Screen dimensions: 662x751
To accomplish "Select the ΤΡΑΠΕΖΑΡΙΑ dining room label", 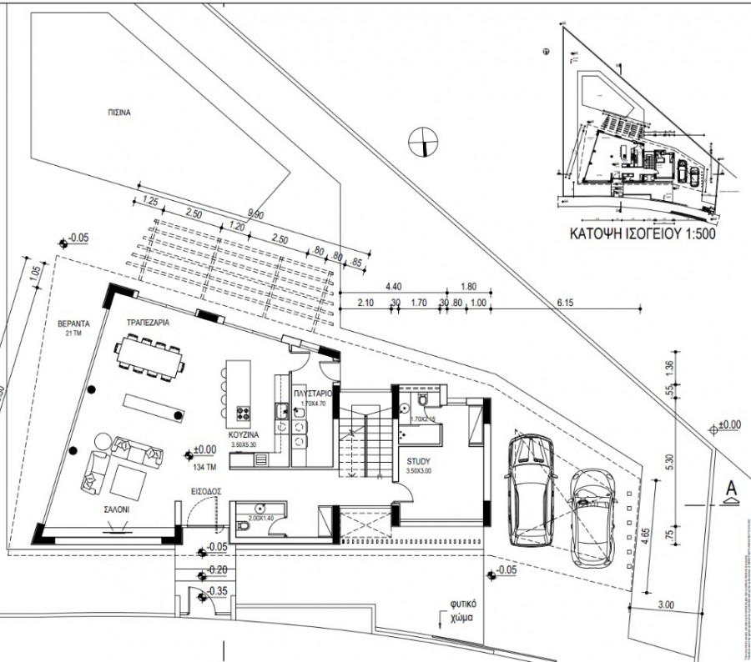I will click(149, 322).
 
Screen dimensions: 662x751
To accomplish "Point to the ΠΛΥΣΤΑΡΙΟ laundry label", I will click(315, 392).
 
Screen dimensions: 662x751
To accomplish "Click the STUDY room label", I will click(419, 461).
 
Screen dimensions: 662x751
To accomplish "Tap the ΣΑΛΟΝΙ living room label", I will click(117, 507).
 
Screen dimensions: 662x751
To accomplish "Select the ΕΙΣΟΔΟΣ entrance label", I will click(205, 493).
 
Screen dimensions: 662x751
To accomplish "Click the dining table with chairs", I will click(151, 356).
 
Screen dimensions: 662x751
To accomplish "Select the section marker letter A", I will click(730, 487).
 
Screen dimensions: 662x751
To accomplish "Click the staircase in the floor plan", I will click(364, 442).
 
